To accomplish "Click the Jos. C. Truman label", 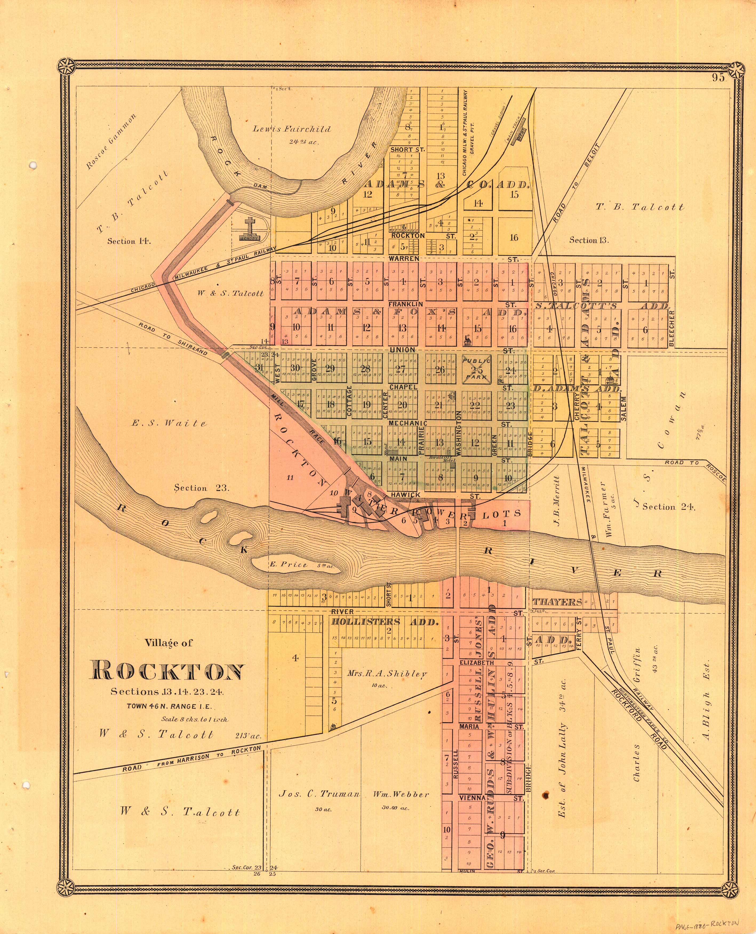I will [319, 794].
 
